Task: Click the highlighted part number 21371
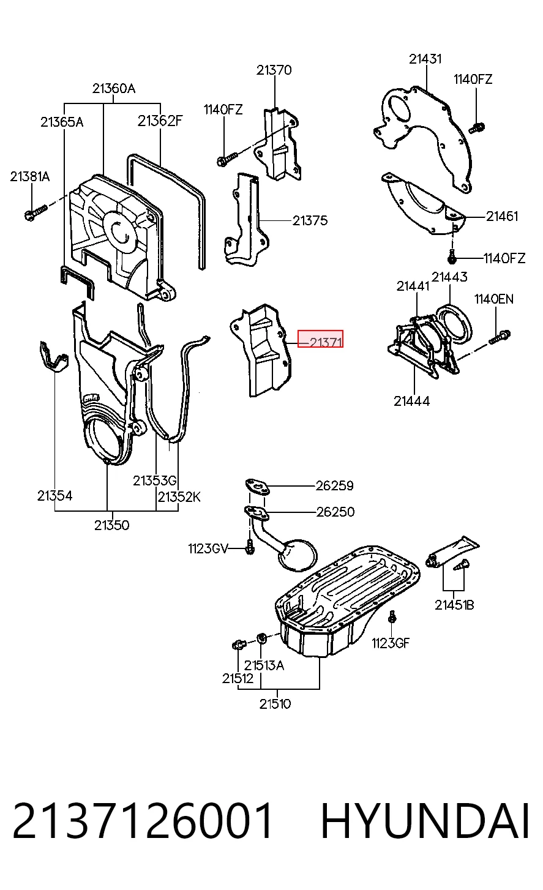[x=326, y=342]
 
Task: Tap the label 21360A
[x=114, y=88]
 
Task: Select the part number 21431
[x=425, y=59]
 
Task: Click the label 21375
[x=310, y=220]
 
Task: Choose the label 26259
[x=335, y=485]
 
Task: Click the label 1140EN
[x=493, y=299]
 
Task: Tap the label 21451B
[x=454, y=605]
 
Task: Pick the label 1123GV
[x=208, y=548]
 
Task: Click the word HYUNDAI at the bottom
[x=425, y=821]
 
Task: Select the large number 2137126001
[x=143, y=821]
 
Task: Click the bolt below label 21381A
[x=36, y=212]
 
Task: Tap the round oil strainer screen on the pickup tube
[x=299, y=555]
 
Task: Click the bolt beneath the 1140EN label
[x=500, y=337]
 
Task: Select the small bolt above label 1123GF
[x=392, y=616]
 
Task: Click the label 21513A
[x=264, y=665]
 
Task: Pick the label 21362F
[x=160, y=121]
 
